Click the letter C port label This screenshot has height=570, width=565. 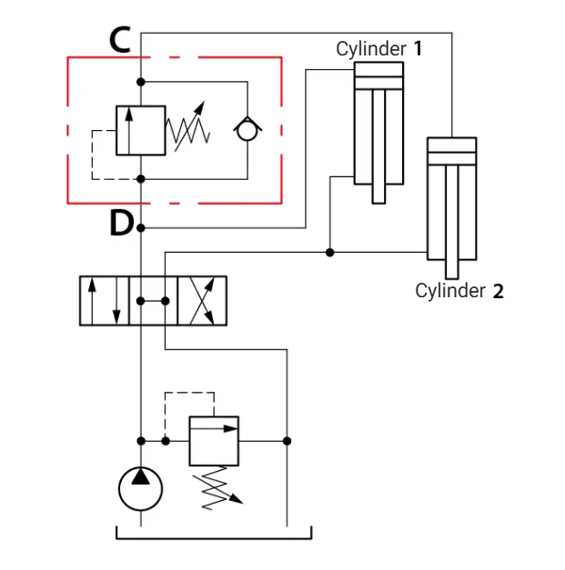120,40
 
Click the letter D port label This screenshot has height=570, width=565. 122,224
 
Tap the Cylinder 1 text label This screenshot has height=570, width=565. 379,49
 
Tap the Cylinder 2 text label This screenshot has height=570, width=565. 459,291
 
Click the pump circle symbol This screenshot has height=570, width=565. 140,488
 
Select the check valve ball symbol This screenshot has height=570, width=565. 247,131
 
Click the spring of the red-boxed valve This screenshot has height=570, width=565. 187,127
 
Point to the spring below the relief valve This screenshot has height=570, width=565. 217,488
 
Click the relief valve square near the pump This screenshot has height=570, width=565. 214,441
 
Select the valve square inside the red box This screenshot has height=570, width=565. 141,131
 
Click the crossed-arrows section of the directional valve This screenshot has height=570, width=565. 202,301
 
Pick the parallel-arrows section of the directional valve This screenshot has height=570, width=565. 105,301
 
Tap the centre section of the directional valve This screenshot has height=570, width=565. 153,301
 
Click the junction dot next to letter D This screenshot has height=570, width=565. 141,228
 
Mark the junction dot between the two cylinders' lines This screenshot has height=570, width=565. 329,253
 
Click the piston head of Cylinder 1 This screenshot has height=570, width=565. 378,83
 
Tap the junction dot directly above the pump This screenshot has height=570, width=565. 141,441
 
